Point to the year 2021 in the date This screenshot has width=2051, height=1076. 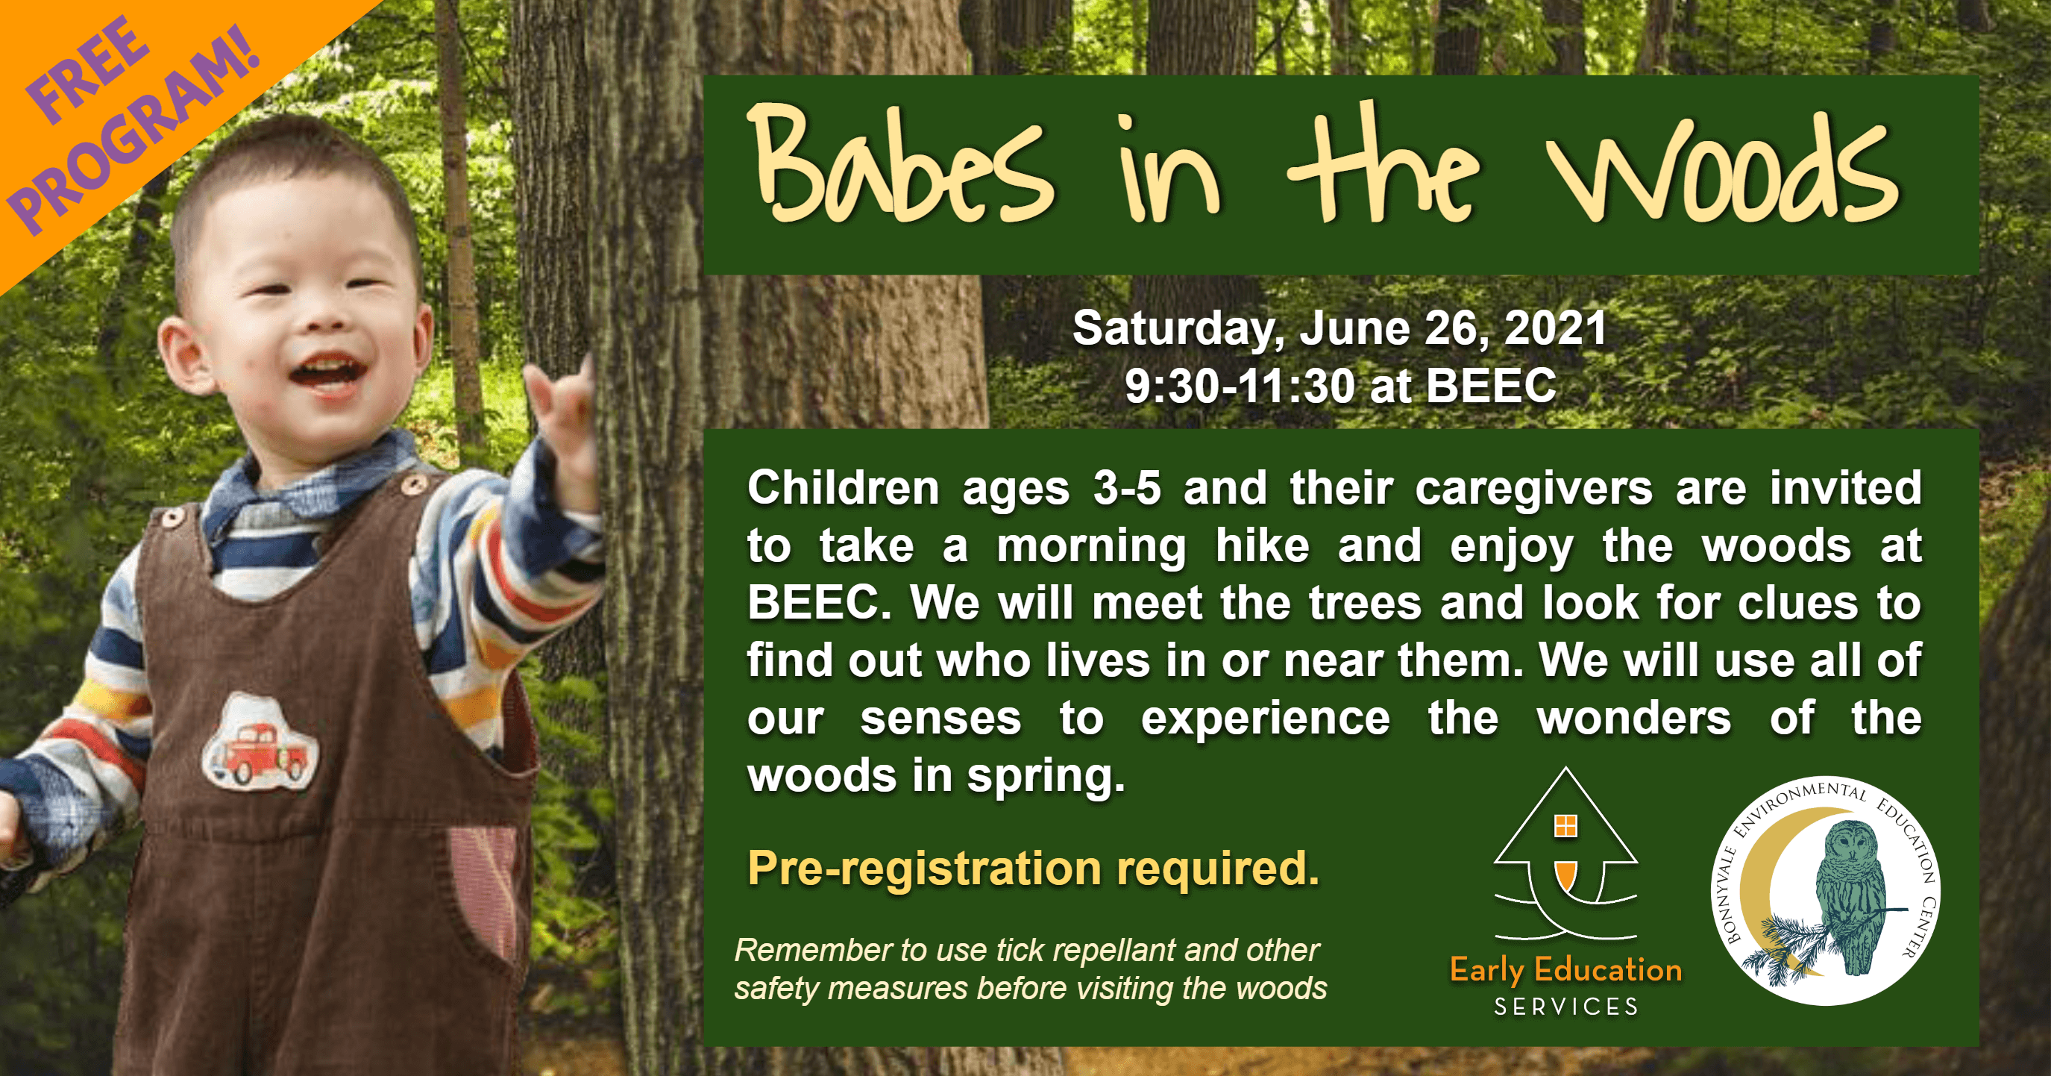[x=1556, y=328]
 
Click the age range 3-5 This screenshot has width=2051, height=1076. [x=1127, y=488]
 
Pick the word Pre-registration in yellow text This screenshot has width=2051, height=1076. [x=925, y=869]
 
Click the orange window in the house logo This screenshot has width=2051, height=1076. [x=1565, y=826]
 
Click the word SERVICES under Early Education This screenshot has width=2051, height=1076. [x=1566, y=1007]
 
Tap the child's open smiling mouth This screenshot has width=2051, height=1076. [x=327, y=376]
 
